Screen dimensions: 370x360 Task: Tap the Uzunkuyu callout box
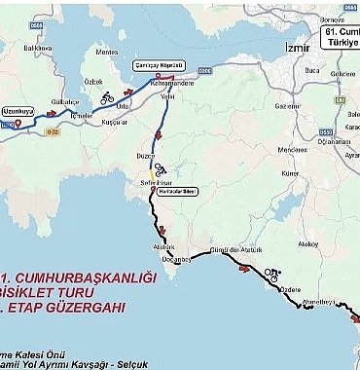tap(19, 111)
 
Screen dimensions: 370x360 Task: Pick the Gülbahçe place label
tap(65, 100)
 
